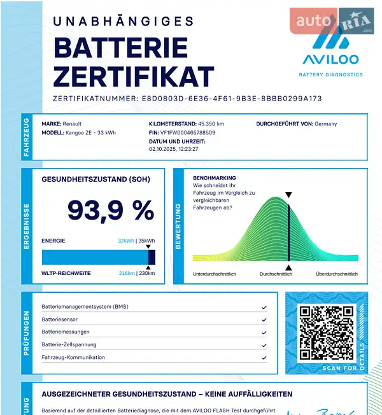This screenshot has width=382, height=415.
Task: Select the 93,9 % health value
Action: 111,210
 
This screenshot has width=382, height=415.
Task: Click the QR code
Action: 327,332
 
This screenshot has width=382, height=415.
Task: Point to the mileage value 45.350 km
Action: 211,124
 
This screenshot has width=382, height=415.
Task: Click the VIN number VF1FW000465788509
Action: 188,133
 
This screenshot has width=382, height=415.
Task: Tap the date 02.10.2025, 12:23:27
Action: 174,149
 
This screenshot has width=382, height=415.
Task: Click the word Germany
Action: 326,124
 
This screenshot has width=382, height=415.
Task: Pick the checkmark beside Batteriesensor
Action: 264,320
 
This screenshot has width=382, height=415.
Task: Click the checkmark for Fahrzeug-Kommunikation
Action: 264,358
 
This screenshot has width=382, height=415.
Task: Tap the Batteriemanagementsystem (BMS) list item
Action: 85,307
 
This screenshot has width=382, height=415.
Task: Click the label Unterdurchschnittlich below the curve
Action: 215,274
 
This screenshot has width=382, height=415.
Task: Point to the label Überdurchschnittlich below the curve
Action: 337,274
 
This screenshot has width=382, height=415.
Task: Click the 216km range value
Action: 127,273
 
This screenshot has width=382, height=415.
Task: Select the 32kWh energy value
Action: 125,241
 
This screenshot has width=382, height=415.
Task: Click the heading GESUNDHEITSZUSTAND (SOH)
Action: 95,179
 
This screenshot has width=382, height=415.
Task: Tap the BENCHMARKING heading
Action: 214,178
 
